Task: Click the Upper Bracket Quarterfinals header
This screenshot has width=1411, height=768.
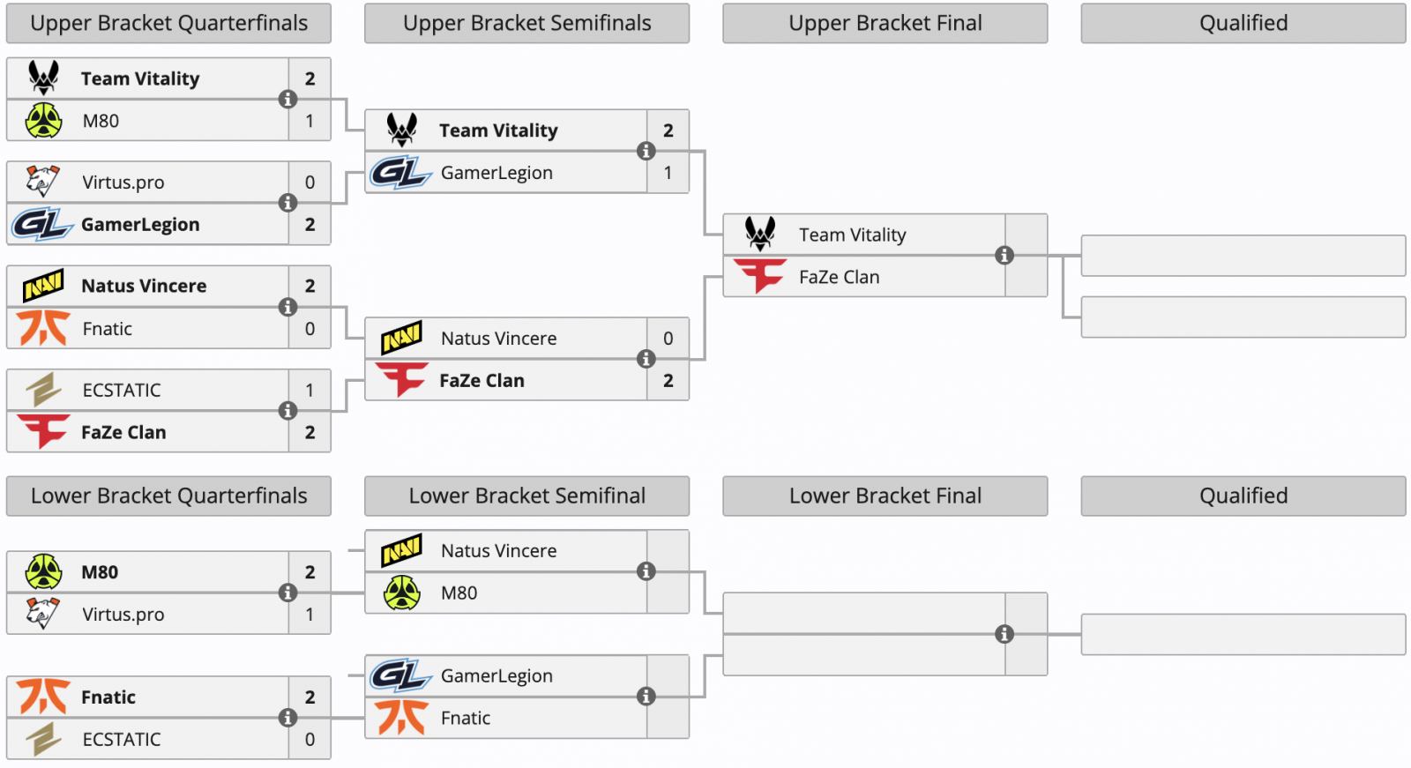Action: click(168, 23)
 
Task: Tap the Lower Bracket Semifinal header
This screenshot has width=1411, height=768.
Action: click(526, 496)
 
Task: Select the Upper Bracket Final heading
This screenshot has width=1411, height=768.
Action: click(885, 23)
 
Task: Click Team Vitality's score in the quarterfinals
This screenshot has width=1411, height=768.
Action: click(310, 78)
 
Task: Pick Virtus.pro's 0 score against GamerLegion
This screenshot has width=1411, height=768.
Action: click(310, 183)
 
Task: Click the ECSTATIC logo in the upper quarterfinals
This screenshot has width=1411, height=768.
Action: click(43, 390)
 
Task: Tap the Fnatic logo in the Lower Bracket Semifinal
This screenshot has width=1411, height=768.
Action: click(402, 718)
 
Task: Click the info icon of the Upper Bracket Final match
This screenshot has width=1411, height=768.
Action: click(1004, 255)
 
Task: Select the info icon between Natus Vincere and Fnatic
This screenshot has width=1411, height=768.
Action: click(287, 307)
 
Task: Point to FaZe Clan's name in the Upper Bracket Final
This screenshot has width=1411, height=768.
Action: click(839, 277)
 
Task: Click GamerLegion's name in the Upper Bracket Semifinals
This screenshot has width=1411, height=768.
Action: click(496, 173)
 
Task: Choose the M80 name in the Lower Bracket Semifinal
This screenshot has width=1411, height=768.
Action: click(459, 593)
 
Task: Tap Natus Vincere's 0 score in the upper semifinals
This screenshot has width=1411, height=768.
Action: click(668, 339)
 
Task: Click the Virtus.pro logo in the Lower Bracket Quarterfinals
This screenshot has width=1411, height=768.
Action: click(43, 613)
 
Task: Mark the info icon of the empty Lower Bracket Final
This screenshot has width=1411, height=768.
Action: click(1004, 634)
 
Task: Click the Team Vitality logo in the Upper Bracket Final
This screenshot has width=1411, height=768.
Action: click(760, 234)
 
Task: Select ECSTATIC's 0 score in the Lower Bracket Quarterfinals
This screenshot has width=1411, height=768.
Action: click(310, 740)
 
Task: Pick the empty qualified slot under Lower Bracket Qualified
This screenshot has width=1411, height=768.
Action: click(1243, 635)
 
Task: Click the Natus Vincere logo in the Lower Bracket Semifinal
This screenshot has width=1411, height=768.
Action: click(401, 549)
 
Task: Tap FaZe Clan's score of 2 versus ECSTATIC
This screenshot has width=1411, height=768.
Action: click(310, 433)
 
